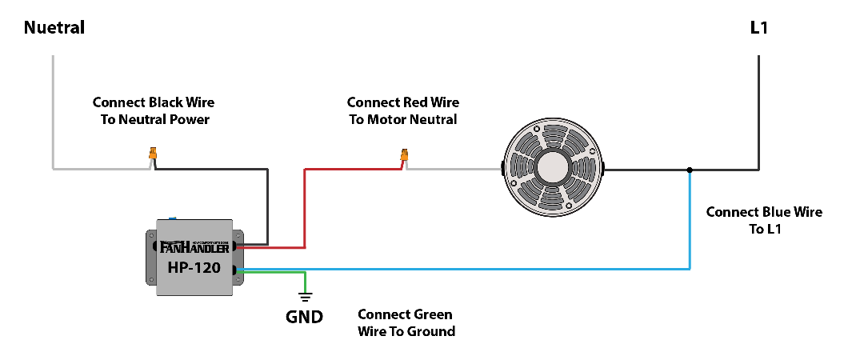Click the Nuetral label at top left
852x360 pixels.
pos(54,28)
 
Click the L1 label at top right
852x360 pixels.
pos(759,28)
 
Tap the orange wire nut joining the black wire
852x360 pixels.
pos(153,154)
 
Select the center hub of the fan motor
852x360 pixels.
pos(553,169)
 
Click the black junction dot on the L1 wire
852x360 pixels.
pos(690,170)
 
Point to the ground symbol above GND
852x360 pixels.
pos(305,296)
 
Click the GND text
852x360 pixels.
pos(305,317)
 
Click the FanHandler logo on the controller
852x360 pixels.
pos(195,247)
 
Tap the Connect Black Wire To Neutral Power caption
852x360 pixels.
pos(154,111)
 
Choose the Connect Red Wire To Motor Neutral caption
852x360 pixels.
pos(403,111)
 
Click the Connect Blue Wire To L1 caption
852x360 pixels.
pos(764,221)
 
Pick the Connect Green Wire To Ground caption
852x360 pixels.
pos(406,322)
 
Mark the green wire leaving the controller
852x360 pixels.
pos(272,274)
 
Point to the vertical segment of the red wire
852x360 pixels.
pos(304,208)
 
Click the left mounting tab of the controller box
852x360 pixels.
pos(150,256)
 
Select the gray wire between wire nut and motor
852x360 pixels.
pos(456,170)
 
